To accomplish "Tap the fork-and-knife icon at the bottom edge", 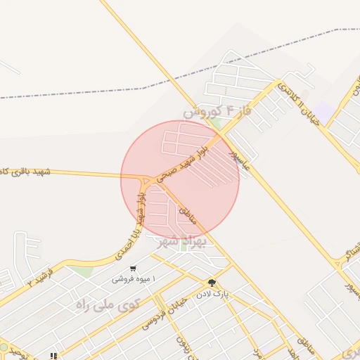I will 53,356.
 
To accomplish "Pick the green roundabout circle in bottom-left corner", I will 4,347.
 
